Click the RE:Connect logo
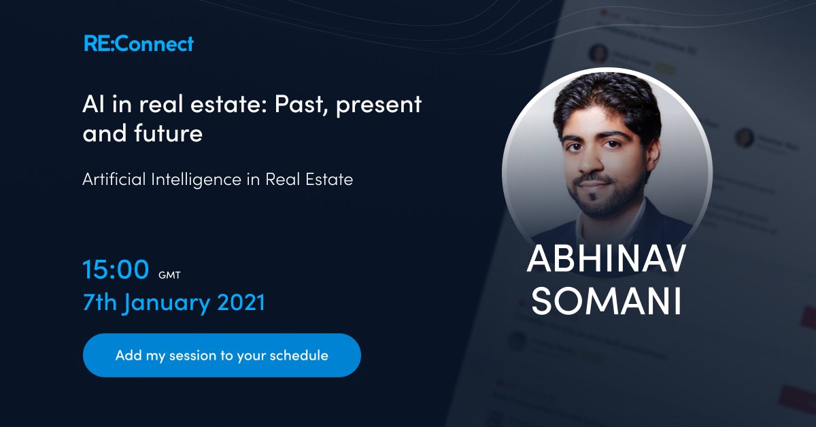pyautogui.click(x=139, y=44)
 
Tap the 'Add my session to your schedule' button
pyautogui.click(x=222, y=355)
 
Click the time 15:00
pyautogui.click(x=116, y=270)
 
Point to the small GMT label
pyautogui.click(x=169, y=275)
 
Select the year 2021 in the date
pyautogui.click(x=241, y=303)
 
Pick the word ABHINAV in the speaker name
pyautogui.click(x=607, y=262)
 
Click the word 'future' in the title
pyautogui.click(x=167, y=133)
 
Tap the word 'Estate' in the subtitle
pyautogui.click(x=329, y=180)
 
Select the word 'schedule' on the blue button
pyautogui.click(x=299, y=355)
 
